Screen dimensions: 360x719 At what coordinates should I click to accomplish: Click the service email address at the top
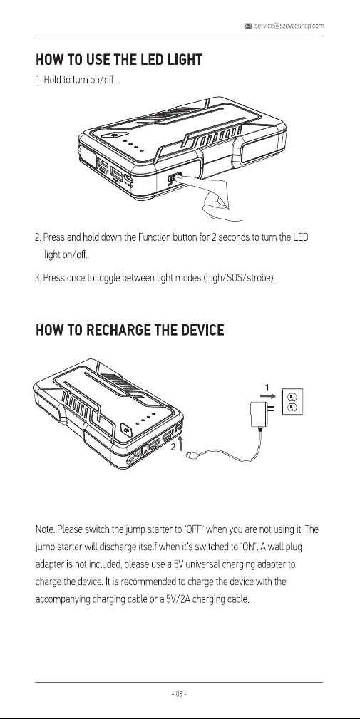click(x=289, y=26)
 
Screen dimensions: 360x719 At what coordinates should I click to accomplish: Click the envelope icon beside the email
click(x=248, y=26)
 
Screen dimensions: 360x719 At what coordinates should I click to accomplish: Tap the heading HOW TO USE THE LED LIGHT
click(x=119, y=60)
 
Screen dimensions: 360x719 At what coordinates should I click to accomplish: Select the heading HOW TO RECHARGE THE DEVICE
click(x=130, y=330)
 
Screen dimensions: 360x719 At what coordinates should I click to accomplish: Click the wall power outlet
click(x=292, y=402)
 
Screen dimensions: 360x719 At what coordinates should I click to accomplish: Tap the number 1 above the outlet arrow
click(x=267, y=388)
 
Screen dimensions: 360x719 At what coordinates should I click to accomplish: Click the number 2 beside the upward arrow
click(x=173, y=448)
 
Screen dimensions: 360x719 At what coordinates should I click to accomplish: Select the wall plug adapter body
click(x=257, y=413)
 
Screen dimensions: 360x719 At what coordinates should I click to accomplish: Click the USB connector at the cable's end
click(x=192, y=455)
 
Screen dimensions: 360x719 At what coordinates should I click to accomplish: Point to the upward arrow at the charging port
click(x=181, y=444)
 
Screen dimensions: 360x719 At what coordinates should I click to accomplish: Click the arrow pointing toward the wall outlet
click(x=270, y=397)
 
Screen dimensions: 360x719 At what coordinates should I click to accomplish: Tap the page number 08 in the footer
click(x=180, y=694)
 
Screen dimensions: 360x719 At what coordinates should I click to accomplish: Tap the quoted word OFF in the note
click(x=193, y=530)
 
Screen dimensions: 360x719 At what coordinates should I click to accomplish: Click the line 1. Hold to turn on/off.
click(x=76, y=81)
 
